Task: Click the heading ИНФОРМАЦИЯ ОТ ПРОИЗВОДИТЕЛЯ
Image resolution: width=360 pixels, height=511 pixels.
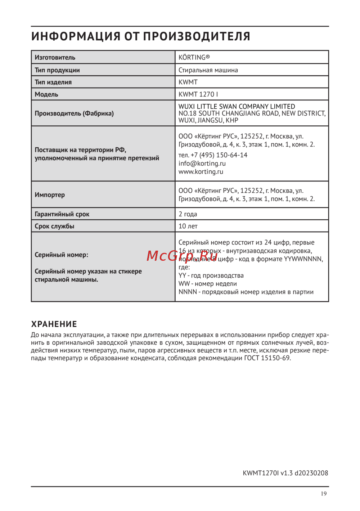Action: (x=140, y=36)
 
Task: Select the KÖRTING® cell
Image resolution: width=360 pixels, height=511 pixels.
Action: (x=194, y=57)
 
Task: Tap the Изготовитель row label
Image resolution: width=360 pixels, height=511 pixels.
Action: (x=55, y=57)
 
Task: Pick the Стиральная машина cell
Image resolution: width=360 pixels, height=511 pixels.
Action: (x=208, y=70)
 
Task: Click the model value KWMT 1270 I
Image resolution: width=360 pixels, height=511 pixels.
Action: (x=198, y=94)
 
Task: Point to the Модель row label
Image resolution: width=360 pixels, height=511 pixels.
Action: (x=46, y=94)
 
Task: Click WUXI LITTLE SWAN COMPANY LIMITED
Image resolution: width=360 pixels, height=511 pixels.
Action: (x=237, y=107)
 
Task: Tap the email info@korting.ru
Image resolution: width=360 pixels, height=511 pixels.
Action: (x=202, y=163)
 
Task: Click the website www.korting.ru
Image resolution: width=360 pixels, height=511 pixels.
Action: (x=201, y=172)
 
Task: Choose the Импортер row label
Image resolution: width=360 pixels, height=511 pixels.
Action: (x=50, y=195)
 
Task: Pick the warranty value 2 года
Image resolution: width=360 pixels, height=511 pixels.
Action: (x=188, y=214)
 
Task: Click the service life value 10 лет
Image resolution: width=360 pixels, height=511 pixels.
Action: (x=188, y=226)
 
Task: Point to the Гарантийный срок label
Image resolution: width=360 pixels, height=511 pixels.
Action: (x=62, y=214)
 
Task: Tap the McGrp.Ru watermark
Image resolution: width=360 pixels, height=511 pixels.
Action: (x=182, y=256)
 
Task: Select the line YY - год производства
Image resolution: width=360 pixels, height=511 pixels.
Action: (x=211, y=275)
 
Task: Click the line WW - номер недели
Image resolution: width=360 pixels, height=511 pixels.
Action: (x=208, y=284)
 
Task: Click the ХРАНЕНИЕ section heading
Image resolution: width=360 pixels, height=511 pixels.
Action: (x=54, y=324)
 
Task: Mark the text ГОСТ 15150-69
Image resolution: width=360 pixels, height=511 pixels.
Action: (x=267, y=358)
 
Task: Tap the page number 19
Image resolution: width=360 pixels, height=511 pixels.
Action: (x=324, y=494)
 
